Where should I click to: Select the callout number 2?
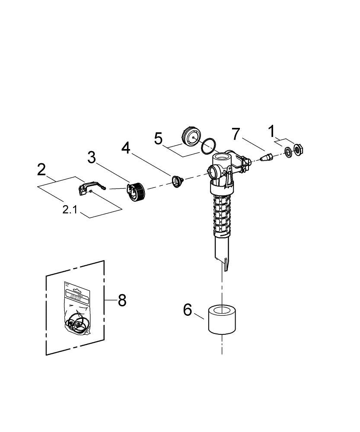point(41,169)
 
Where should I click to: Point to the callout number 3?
point(92,157)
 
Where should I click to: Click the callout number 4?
point(125,148)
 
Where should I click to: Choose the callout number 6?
point(187,310)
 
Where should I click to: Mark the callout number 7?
point(235,134)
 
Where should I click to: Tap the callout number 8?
point(122,300)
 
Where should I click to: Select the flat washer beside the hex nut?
point(287,152)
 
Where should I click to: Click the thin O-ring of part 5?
point(208,146)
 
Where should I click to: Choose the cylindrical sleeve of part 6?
point(222,319)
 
